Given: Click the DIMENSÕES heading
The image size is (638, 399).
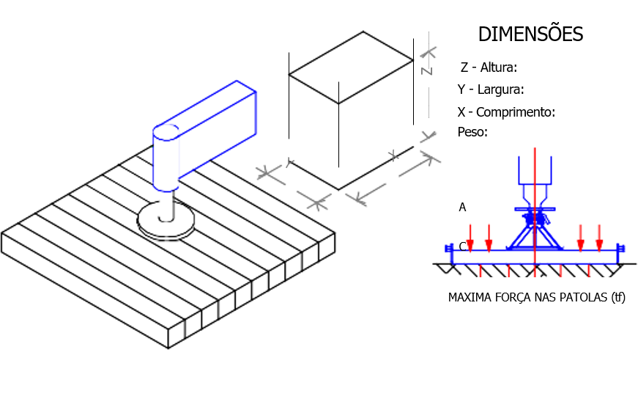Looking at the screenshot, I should (530, 34).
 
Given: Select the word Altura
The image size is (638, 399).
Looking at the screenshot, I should (498, 67).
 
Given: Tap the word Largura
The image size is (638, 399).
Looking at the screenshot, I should (500, 90).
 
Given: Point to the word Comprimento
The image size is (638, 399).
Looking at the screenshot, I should (516, 112).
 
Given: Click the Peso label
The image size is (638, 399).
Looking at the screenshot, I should (472, 132).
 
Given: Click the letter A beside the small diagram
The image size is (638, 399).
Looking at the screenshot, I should (462, 208).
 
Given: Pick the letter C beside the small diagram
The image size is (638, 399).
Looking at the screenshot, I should (462, 245).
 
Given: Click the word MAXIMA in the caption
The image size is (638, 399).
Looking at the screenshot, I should (470, 299).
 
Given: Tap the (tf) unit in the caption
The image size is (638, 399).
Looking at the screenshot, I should (617, 299).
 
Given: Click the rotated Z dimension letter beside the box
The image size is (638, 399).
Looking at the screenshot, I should (427, 69).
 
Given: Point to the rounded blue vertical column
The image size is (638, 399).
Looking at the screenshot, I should (165, 158).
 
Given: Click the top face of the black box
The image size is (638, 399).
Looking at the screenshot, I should (351, 67).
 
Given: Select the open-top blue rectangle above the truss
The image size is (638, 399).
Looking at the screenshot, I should (535, 170).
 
